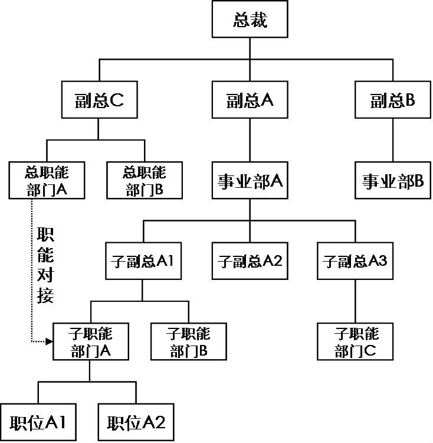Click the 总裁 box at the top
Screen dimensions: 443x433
(x=250, y=21)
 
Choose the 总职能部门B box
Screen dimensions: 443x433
(x=145, y=180)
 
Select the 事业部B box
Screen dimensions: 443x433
(x=392, y=181)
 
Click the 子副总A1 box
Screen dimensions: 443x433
(x=142, y=261)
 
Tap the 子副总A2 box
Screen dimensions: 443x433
(x=250, y=261)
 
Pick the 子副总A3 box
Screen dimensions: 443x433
(x=355, y=261)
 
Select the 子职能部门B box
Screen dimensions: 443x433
(x=188, y=342)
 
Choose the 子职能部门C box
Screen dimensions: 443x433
(x=355, y=342)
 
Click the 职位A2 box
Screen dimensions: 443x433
(x=136, y=422)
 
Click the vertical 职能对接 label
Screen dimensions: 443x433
(x=45, y=265)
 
